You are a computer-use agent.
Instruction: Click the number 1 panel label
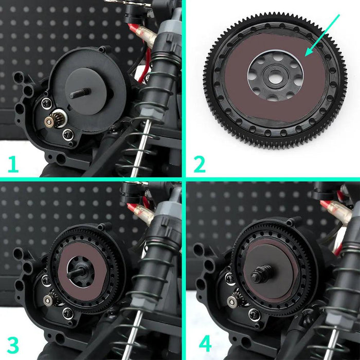pos(13,164)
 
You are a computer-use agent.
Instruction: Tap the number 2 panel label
pos(199,164)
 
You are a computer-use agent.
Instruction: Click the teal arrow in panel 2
pos(322,34)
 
